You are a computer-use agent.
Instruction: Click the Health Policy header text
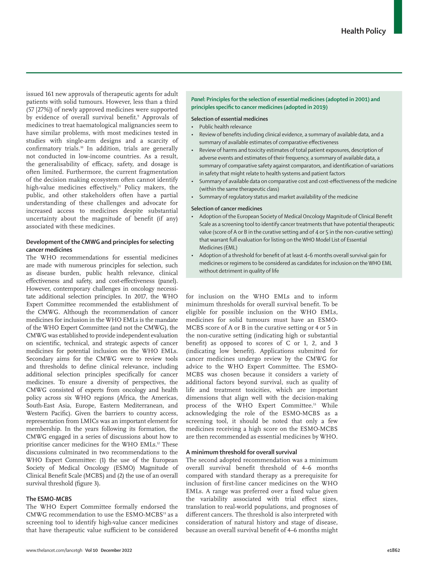[x=363, y=31]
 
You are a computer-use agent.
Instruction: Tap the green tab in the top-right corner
[x=398, y=17]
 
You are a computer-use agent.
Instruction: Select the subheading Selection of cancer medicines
[x=227, y=209]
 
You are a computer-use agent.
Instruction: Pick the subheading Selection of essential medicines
[x=229, y=119]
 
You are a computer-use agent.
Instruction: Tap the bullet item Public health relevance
[x=225, y=127]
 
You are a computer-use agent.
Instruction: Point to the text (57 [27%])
[x=41, y=110]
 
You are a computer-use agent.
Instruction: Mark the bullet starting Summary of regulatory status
[x=278, y=197]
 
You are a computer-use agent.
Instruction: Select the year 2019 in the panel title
[x=320, y=107]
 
